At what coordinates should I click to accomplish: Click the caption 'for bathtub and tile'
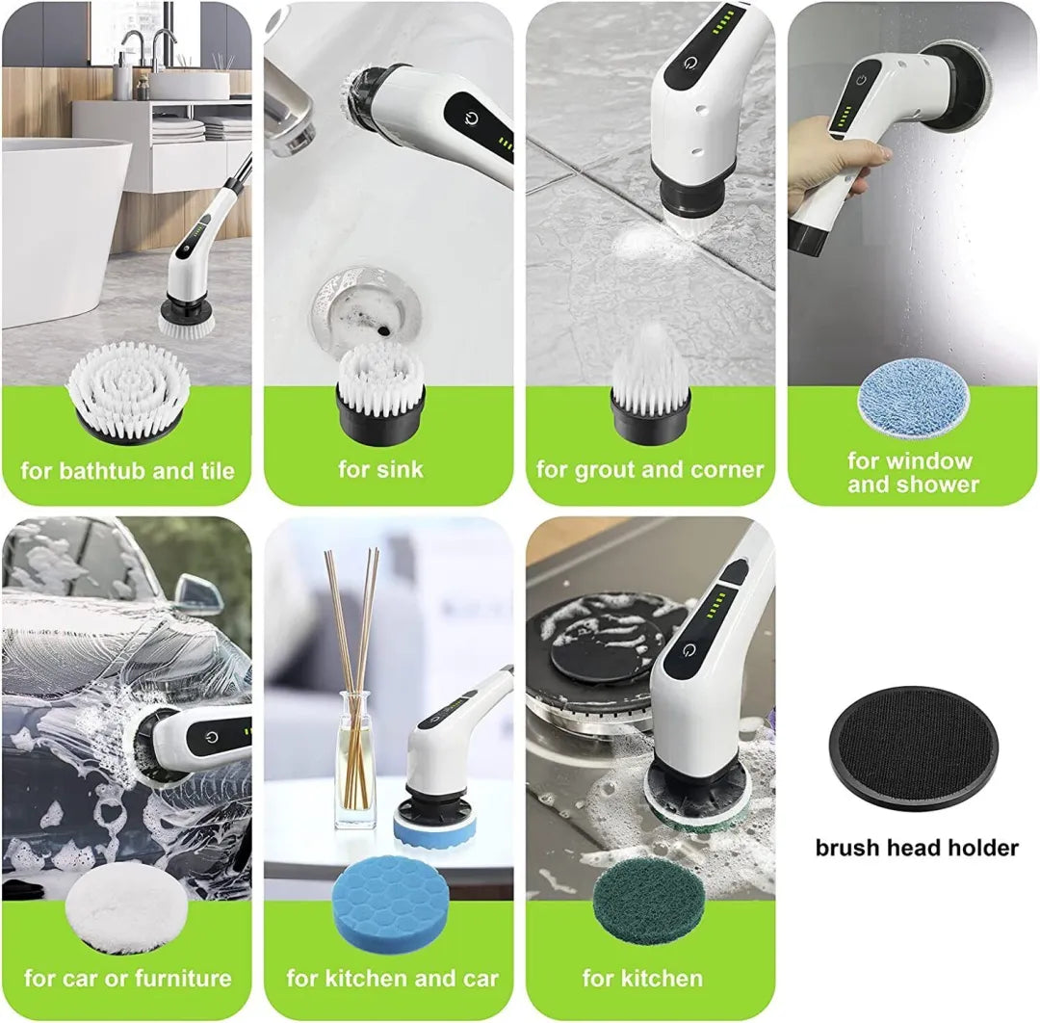point(127,471)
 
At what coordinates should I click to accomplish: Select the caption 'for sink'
point(380,470)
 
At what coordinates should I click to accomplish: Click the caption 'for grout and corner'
point(650,470)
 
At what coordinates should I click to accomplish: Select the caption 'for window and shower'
point(910,472)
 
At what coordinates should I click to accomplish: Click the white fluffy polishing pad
point(127,905)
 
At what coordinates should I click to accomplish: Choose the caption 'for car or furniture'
point(127,979)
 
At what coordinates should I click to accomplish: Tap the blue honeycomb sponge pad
point(389,905)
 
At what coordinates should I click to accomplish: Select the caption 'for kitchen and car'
point(392,979)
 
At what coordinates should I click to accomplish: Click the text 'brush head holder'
point(917,848)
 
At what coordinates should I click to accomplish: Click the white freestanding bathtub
point(60,222)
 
